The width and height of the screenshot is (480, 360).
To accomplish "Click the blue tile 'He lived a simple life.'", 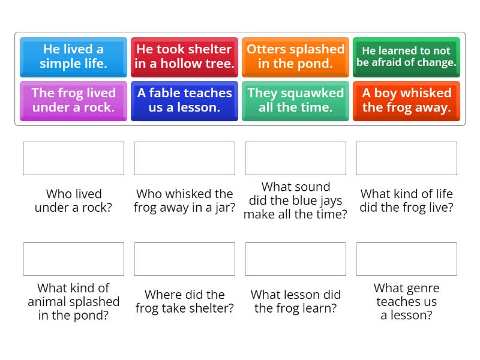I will coord(73,56).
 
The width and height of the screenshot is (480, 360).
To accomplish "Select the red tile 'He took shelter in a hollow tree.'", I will coord(184,56).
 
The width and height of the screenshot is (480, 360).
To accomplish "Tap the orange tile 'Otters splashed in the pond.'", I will coord(295,56).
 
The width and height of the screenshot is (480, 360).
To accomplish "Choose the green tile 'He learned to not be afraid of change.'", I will coord(406,56).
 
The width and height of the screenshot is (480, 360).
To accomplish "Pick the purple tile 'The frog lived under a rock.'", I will coord(73,100).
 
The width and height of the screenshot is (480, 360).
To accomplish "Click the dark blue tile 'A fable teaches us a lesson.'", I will coord(184,100).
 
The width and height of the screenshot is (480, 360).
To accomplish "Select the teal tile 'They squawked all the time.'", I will coord(295,100).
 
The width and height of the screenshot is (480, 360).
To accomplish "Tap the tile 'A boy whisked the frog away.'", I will coord(406,100).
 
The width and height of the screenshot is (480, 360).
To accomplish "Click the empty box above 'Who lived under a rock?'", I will coord(73,158).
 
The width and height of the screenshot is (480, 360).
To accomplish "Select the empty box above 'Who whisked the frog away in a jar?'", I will coord(184,158).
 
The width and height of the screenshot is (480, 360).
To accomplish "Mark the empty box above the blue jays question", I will coord(295,158).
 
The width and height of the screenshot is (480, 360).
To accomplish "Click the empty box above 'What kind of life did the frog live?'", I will coord(406,158).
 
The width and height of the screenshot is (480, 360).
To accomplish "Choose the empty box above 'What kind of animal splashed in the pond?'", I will coord(73,259).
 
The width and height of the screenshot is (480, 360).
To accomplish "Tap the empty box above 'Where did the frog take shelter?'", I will coord(184,259).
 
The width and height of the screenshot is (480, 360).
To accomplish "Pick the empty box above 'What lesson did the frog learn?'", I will coord(295,259).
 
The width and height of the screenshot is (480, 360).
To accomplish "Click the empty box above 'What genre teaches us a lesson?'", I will coord(406,259).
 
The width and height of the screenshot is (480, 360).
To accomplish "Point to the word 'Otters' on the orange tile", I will coord(266,49).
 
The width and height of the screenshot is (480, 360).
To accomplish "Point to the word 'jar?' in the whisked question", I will coord(224,208).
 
